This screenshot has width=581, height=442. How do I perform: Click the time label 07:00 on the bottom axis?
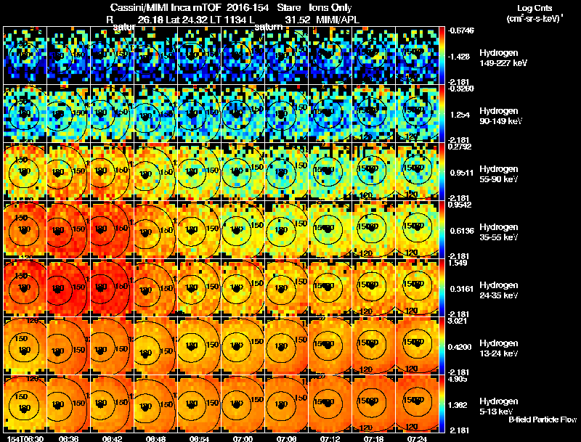(x=243, y=438)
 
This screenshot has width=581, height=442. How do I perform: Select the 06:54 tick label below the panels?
(x=199, y=438)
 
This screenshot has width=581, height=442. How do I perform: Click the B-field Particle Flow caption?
(x=543, y=420)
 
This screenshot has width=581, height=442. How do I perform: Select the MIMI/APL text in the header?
(x=338, y=20)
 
